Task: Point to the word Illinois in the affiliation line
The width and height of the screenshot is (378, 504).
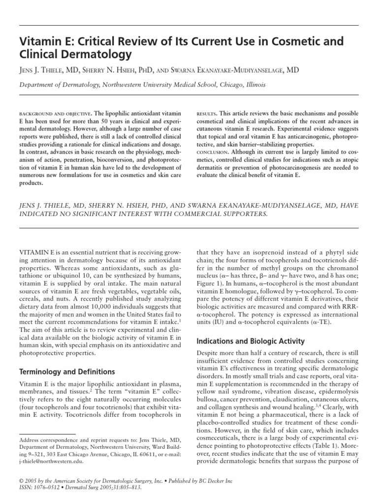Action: pos(252,85)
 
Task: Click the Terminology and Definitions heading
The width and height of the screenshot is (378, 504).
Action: pos(66,372)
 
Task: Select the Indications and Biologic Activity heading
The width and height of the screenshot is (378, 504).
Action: pos(251,341)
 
